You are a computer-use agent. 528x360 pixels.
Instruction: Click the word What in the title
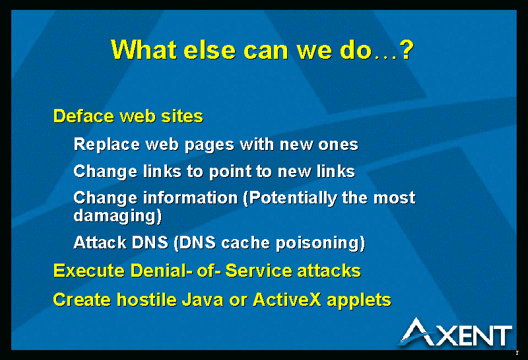(x=144, y=50)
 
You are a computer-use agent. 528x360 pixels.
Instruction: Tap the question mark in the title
(x=407, y=50)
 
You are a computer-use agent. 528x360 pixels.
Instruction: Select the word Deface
(x=84, y=116)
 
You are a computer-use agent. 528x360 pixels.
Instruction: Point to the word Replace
(x=107, y=144)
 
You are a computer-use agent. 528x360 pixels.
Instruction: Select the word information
(x=191, y=198)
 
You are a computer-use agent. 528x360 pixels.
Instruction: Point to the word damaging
(x=117, y=216)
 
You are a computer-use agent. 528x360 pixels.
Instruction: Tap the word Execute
(x=89, y=271)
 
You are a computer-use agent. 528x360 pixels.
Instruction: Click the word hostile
(x=147, y=300)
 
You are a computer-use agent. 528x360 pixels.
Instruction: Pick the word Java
(x=203, y=300)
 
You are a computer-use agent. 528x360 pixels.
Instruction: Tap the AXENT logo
(x=457, y=332)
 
